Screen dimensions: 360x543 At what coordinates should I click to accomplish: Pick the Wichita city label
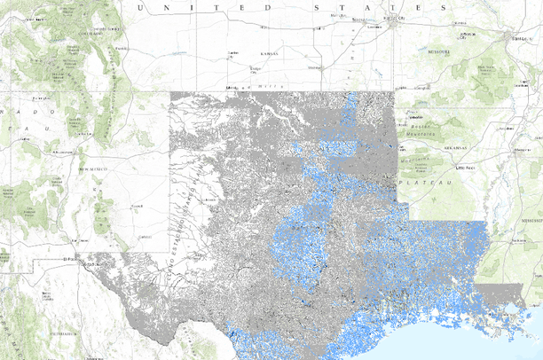pos(313,67)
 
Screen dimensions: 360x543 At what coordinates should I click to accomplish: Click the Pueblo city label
pos(122,48)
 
